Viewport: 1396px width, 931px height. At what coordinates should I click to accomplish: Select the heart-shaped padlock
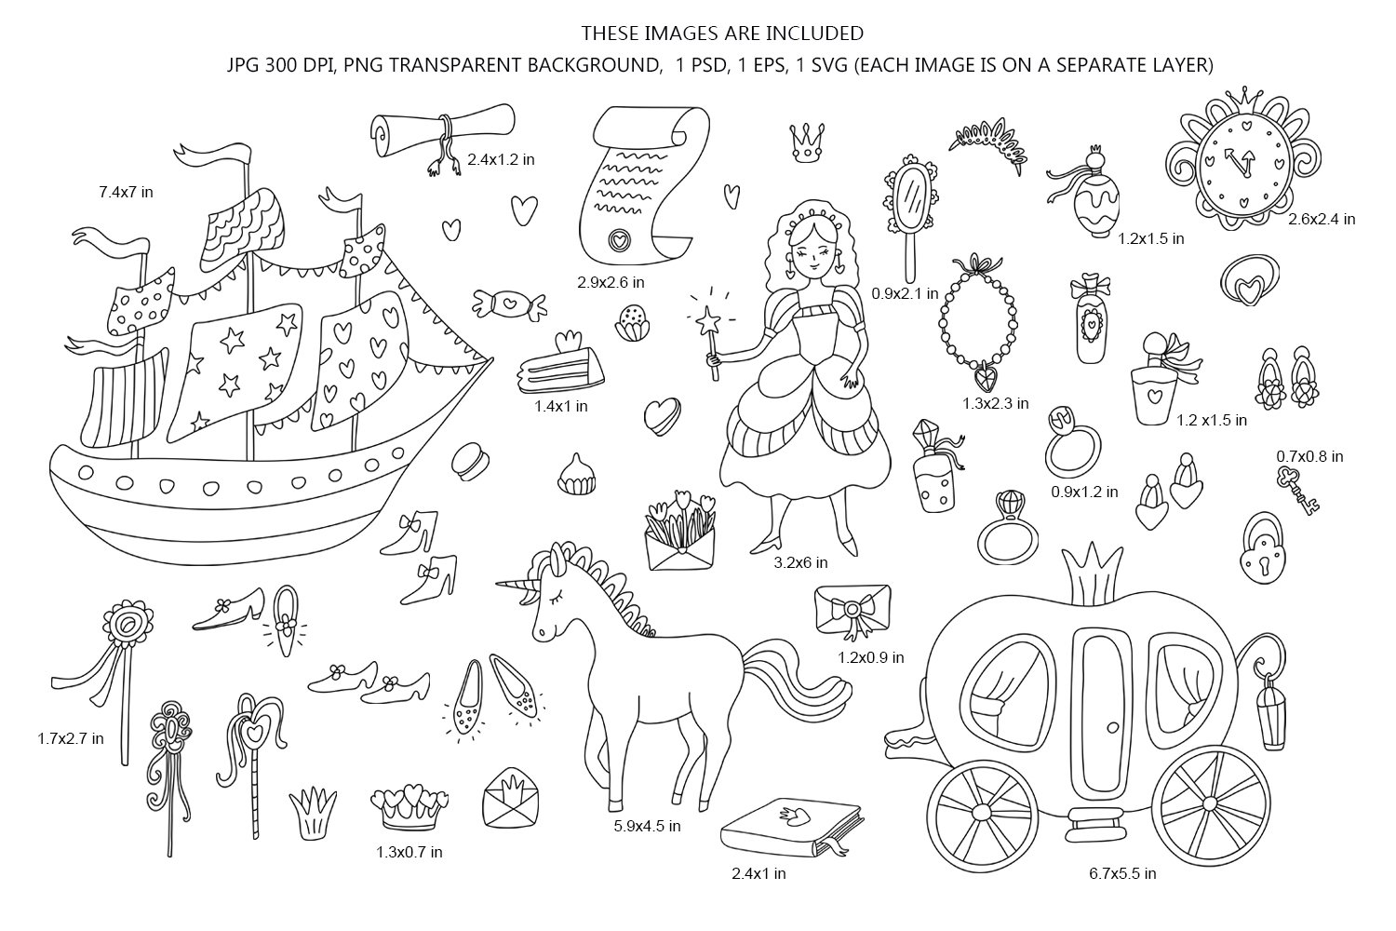pos(1260,557)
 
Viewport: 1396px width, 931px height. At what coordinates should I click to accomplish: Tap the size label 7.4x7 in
pos(126,192)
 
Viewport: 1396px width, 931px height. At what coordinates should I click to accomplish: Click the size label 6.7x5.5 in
pos(1122,873)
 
